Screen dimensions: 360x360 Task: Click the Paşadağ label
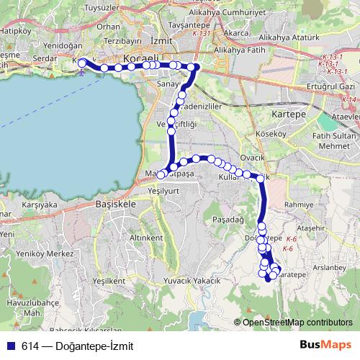[229, 217]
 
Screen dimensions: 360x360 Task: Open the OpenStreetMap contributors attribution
[297, 323]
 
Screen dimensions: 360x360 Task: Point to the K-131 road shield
[202, 33]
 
